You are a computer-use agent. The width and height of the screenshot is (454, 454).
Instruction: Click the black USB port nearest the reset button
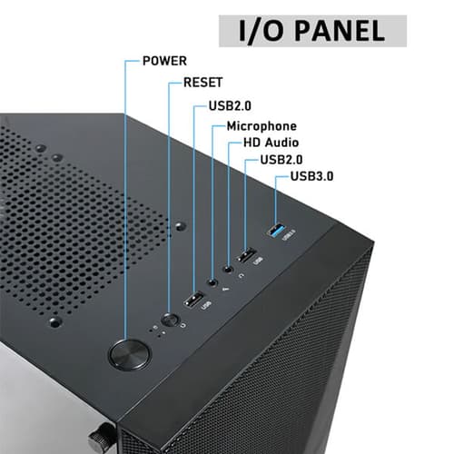click(x=193, y=301)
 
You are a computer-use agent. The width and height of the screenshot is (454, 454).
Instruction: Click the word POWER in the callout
click(x=164, y=62)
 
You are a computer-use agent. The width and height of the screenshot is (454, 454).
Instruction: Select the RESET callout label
click(x=202, y=83)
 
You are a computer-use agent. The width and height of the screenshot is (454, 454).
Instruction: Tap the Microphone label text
click(x=262, y=125)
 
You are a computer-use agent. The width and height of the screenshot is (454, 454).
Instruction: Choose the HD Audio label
click(x=271, y=143)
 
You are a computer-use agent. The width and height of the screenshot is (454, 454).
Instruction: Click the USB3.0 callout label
click(x=311, y=175)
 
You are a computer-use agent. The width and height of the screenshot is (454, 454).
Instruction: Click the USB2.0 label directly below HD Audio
click(x=281, y=160)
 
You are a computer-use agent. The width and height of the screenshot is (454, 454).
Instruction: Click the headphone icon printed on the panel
click(x=238, y=277)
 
